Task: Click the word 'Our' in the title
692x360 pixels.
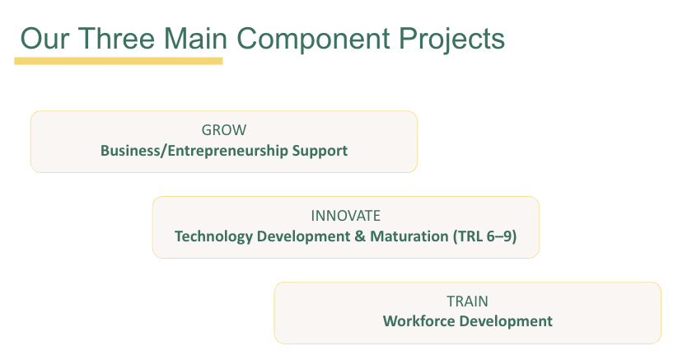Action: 45,39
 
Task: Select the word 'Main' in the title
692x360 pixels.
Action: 195,38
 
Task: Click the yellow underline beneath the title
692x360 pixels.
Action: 119,61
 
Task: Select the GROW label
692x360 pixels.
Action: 224,130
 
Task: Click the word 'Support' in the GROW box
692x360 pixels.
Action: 320,152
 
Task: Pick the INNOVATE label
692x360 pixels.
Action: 345,216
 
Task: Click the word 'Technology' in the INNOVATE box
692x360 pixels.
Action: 213,237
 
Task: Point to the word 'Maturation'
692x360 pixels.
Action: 409,236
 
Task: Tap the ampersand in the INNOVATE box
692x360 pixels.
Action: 360,236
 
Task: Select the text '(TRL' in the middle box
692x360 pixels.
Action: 467,236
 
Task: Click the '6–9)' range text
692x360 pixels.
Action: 502,236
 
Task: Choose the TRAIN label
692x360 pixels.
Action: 467,302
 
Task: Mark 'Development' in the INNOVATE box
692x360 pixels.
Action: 304,237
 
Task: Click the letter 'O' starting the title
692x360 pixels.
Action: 31,39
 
